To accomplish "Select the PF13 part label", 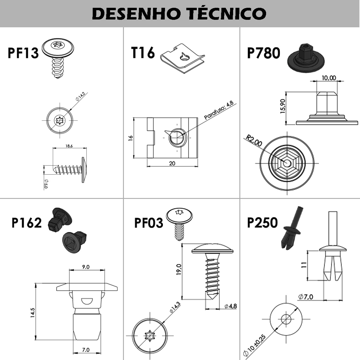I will pos(23,53).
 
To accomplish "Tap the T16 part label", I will pos(143,52).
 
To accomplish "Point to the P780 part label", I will pos(263,53).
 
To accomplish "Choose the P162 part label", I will pos(26,223).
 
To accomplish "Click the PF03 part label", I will pos(148,223).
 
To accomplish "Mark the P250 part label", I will pos(262,223).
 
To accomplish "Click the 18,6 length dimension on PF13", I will pos(69,146).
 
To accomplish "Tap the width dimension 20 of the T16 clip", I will pos(172,163).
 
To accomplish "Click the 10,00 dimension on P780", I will pos(329,78).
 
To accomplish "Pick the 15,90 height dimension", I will pos(283,106).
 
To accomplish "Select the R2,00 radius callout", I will pos(254,140).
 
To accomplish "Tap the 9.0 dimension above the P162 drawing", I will pos(86,267).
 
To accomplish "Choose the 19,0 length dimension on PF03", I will pos(179,269).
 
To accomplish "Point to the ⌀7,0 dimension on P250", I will pos(306,297).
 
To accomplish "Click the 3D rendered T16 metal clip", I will pos(182,59).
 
